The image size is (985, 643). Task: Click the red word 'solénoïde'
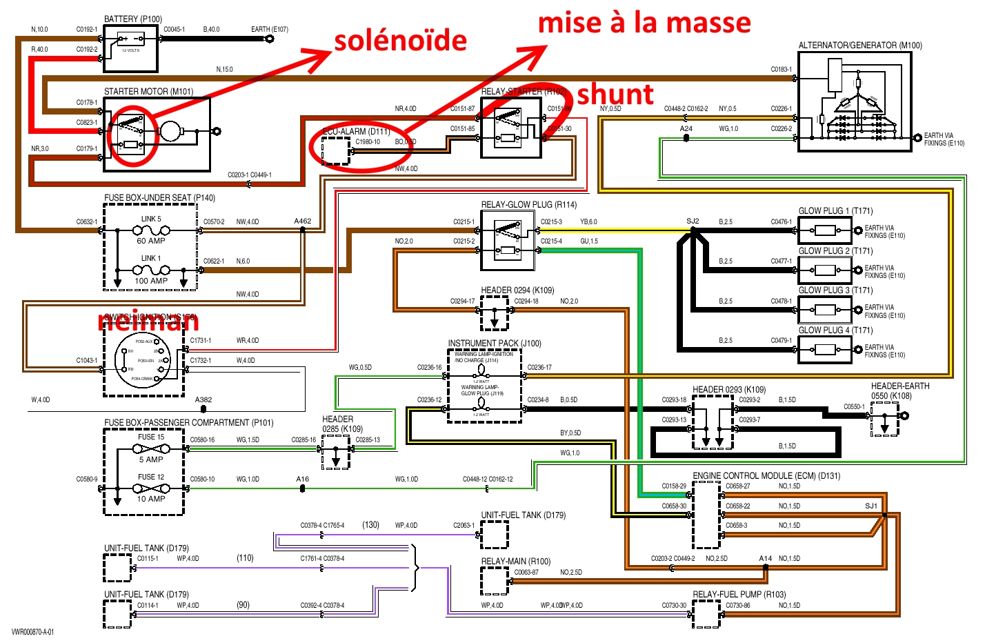tap(400, 41)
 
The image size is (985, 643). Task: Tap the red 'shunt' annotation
tap(615, 95)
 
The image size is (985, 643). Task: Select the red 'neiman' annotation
tap(148, 321)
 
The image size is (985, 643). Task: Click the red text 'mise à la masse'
tap(644, 23)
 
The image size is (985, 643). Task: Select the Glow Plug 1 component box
tap(825, 230)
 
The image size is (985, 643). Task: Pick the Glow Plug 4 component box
tap(825, 350)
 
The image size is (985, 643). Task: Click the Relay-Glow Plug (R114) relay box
tap(508, 241)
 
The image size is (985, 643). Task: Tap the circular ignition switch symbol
tap(142, 359)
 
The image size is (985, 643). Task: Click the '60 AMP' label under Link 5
tap(151, 241)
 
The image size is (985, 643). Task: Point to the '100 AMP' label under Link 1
tap(151, 281)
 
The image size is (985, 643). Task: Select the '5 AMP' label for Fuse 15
tap(151, 459)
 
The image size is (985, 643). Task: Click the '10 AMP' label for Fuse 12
tap(151, 499)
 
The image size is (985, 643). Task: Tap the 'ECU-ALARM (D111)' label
tap(356, 131)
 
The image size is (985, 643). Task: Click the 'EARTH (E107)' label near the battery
tap(270, 30)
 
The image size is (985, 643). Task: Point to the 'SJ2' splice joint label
tap(693, 221)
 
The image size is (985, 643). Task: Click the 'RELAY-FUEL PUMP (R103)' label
tap(739, 594)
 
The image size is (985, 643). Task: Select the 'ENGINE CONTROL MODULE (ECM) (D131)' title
tap(766, 476)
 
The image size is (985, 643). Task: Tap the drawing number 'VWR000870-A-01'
tap(32, 632)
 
